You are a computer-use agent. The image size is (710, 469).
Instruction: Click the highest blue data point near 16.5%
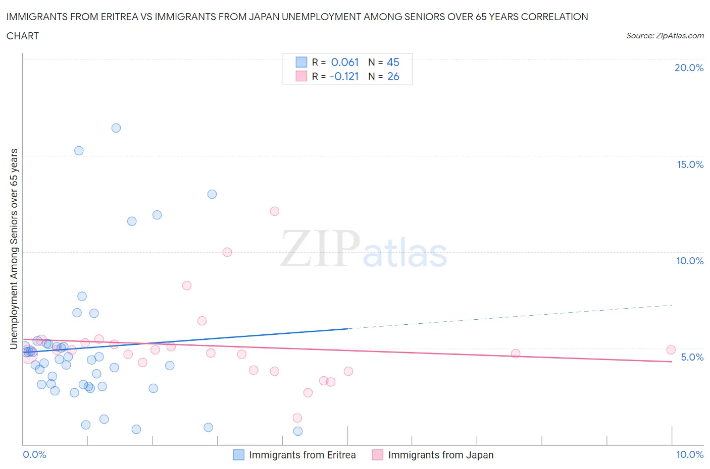[116, 128]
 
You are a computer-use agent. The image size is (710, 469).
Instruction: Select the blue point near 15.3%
[79, 151]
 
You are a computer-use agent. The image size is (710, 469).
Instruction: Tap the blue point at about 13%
[212, 194]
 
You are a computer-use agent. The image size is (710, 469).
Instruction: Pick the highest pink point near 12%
[275, 211]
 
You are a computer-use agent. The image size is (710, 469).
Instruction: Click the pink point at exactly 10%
[227, 252]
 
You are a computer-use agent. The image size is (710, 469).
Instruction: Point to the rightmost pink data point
[671, 350]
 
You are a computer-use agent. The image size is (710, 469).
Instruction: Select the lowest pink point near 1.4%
[297, 418]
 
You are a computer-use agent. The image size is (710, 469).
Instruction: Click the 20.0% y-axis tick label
[689, 68]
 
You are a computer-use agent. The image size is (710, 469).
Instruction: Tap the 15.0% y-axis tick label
[690, 164]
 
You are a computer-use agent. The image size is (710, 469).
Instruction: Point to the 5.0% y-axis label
[692, 357]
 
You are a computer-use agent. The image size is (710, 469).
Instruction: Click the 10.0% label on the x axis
[690, 454]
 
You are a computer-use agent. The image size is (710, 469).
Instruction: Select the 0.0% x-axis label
[34, 454]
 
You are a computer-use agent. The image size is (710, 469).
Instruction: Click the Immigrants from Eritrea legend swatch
[238, 455]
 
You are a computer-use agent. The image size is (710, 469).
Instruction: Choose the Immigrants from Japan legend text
[440, 455]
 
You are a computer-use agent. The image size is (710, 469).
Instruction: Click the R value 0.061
[345, 62]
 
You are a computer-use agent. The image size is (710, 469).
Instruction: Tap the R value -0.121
[344, 76]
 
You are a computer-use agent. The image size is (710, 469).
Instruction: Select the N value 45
[393, 62]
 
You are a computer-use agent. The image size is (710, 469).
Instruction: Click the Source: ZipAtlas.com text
[665, 35]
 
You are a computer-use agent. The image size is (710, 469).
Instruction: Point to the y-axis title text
[14, 249]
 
